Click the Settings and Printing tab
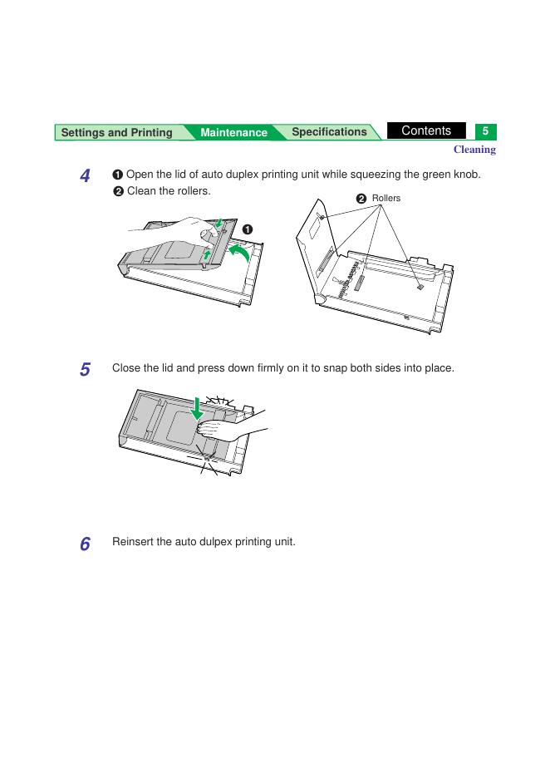coord(116,132)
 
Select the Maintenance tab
coord(233,132)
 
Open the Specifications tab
coord(329,132)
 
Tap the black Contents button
coord(426,130)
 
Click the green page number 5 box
coord(485,131)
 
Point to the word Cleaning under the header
coord(474,150)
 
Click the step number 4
coord(86,175)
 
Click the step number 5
coord(86,369)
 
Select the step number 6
coord(86,544)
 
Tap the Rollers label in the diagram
coord(385,198)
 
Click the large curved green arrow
coord(239,252)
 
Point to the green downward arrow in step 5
coord(198,408)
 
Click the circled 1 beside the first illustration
coord(247,229)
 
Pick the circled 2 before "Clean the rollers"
coord(118,191)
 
